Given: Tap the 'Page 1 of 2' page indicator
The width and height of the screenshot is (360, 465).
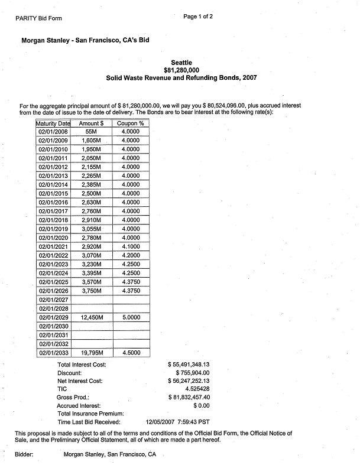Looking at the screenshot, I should tap(199, 17).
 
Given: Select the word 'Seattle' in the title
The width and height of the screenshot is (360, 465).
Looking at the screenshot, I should tap(181, 63).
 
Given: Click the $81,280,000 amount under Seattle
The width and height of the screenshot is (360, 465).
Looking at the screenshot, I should tap(181, 70).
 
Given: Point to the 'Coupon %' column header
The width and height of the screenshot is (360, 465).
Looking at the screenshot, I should tap(130, 123).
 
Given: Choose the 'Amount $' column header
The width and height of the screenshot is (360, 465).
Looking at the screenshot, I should tap(92, 123).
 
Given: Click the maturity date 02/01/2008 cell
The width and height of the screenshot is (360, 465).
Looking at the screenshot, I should tap(53, 132).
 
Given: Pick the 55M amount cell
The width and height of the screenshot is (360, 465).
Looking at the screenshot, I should tap(92, 132).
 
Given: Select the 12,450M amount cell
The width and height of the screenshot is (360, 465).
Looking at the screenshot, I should tap(92, 317).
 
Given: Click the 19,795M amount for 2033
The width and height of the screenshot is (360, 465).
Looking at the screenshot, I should tap(92, 353).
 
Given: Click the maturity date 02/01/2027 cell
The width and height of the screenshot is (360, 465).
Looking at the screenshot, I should tap(53, 300).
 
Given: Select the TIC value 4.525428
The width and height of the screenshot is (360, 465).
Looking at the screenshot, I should tap(197, 389).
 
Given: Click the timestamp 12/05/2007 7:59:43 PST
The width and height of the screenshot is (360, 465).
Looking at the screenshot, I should tap(177, 422).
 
